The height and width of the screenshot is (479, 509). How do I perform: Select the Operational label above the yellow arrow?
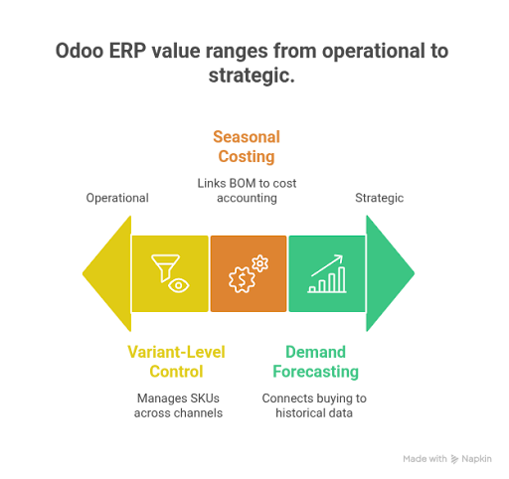pyautogui.click(x=117, y=198)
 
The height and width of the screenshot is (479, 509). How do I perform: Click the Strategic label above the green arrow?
pyautogui.click(x=379, y=198)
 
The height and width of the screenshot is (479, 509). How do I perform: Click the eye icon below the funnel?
pyautogui.click(x=177, y=285)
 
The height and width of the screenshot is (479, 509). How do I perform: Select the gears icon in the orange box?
pyautogui.click(x=248, y=274)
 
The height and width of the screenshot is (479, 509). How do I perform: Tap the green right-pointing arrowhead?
pyautogui.click(x=389, y=274)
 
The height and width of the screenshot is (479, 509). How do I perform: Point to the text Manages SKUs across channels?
pyautogui.click(x=168, y=403)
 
